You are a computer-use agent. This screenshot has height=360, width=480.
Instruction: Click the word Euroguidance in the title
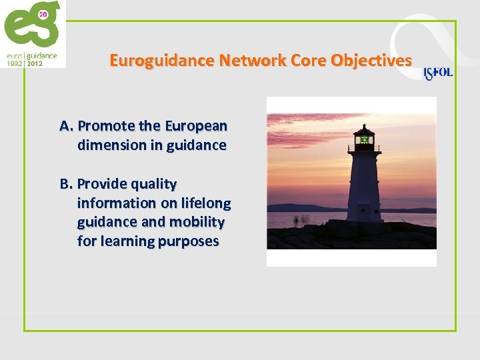tap(153, 61)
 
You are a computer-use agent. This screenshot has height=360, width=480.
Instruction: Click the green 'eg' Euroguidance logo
tap(30, 27)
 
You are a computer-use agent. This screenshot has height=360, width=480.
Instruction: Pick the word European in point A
tap(195, 126)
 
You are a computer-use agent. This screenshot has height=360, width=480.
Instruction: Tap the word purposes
tap(188, 241)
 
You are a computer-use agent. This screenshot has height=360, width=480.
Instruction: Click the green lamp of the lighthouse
tap(364, 139)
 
